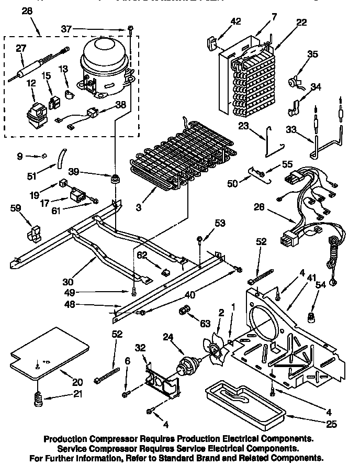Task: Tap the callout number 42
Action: point(236,21)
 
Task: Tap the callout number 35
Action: point(312,53)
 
